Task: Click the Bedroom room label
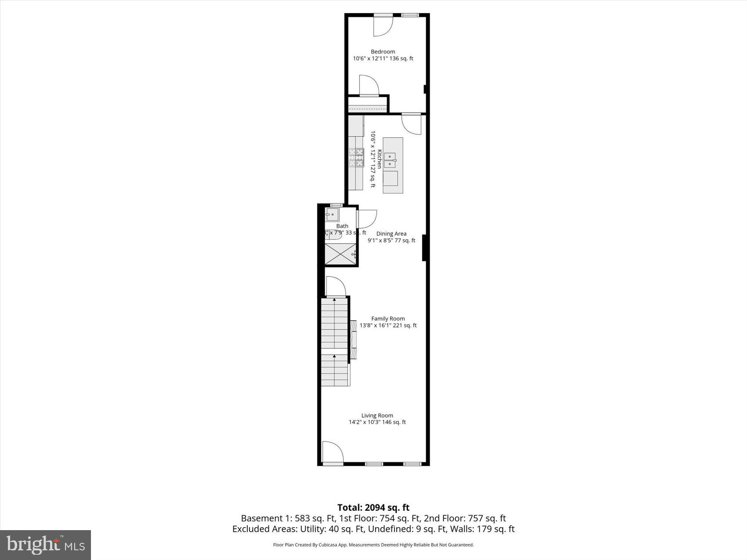tap(383, 52)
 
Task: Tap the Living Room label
tap(377, 415)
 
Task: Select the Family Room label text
tap(388, 319)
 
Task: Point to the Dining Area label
tap(391, 234)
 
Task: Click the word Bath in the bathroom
tap(342, 226)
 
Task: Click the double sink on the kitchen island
tap(390, 160)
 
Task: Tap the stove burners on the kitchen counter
tap(356, 157)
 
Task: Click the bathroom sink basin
tap(332, 215)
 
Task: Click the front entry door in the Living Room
tap(332, 453)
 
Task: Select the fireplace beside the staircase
tap(353, 339)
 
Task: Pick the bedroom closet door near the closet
tap(369, 86)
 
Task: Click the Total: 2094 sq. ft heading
tap(373, 508)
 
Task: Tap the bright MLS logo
tap(46, 545)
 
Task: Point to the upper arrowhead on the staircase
tap(334, 300)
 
